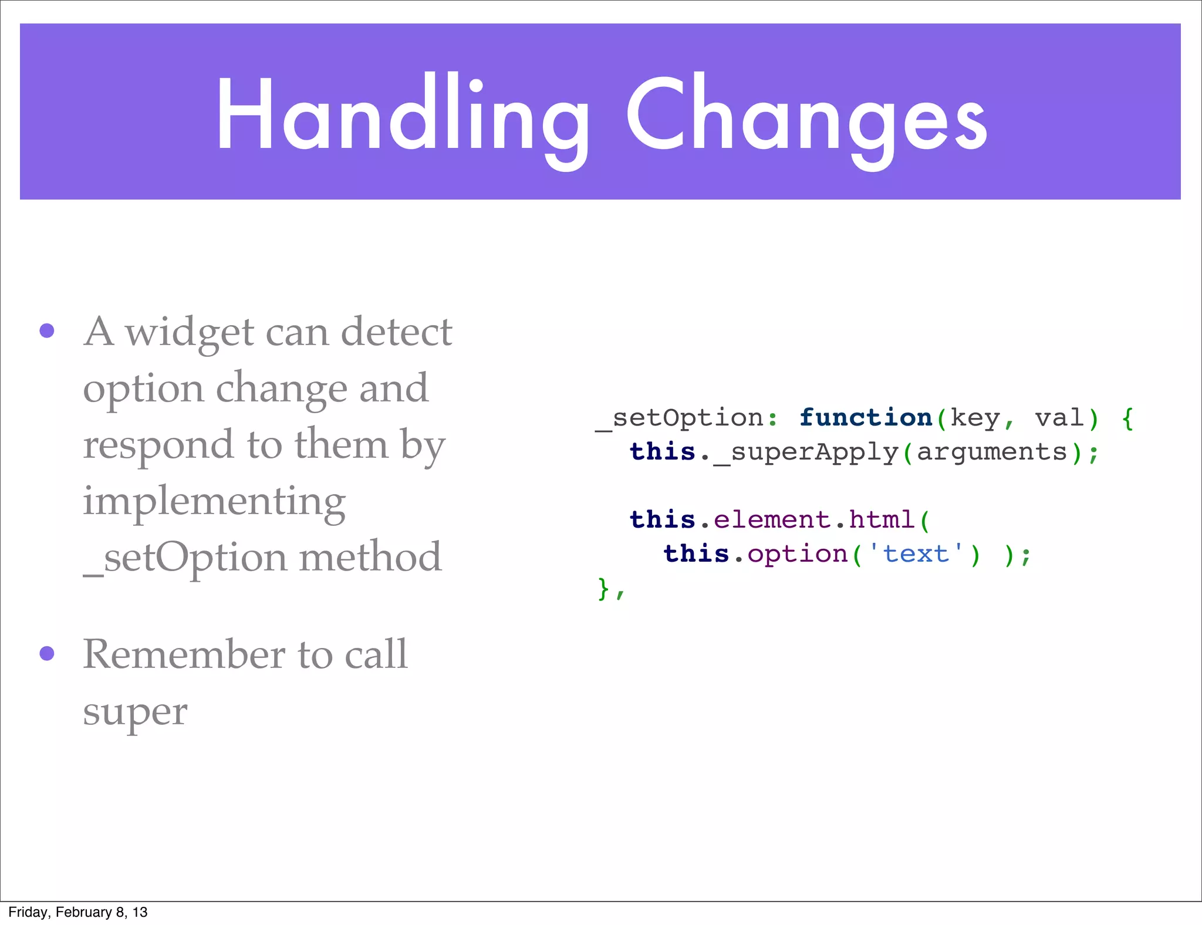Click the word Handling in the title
click(403, 114)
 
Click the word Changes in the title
click(807, 114)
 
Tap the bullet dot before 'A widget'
click(47, 330)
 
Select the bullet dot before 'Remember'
click(47, 653)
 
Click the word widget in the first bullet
click(189, 332)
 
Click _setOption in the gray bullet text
click(185, 558)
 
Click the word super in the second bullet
click(135, 713)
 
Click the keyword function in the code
click(866, 418)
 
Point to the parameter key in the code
click(975, 418)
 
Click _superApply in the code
click(806, 453)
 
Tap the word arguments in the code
click(991, 452)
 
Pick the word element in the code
click(772, 519)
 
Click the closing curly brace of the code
click(603, 588)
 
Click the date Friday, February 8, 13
click(78, 912)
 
